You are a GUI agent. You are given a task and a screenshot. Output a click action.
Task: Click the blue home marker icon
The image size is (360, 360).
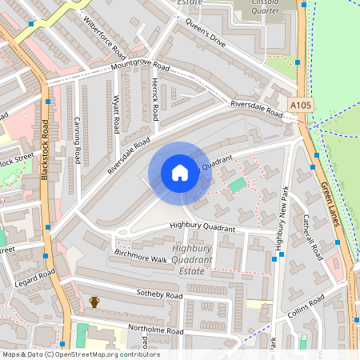tap(179, 173)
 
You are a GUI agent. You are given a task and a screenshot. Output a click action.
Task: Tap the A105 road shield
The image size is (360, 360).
tap(301, 104)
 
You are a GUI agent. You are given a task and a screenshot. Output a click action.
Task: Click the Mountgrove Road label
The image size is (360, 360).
tap(140, 66)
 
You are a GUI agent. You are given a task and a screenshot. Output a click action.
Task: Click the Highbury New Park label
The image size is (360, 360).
tap(281, 219)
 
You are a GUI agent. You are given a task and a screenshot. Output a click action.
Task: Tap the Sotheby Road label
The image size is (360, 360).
tap(159, 295)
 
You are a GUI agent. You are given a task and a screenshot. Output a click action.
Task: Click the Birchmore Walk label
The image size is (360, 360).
tap(140, 257)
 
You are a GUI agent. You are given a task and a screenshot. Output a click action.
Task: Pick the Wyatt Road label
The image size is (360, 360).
tap(117, 115)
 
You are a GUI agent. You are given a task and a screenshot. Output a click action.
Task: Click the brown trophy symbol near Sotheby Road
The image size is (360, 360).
tap(94, 302)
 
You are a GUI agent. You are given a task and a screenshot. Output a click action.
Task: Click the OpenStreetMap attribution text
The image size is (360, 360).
tap(81, 354)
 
